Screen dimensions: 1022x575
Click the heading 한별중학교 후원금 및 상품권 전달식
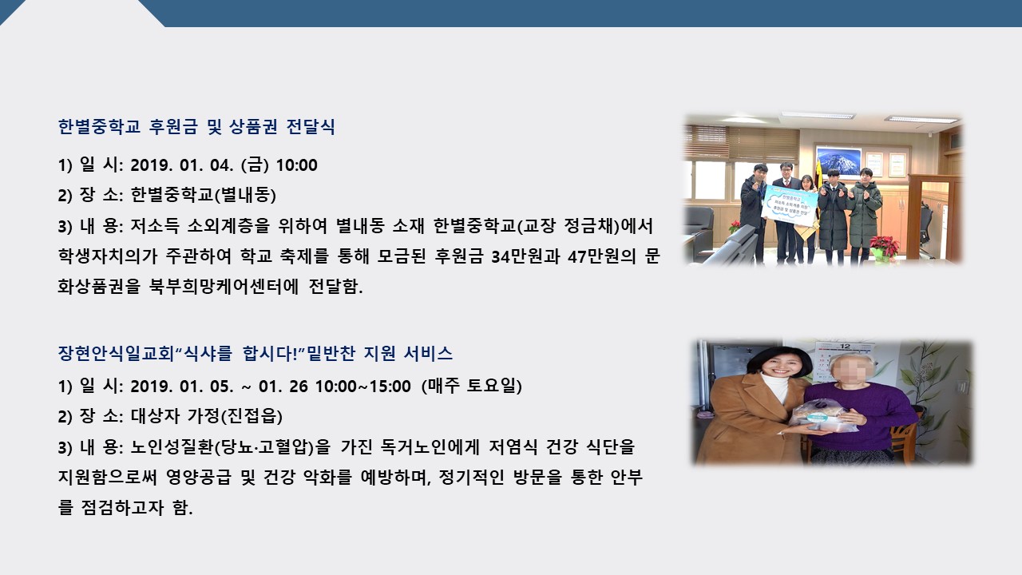click(196, 126)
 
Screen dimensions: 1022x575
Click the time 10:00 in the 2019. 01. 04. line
click(296, 165)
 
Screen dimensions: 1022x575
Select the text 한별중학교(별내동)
click(204, 196)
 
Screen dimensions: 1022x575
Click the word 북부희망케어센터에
click(224, 287)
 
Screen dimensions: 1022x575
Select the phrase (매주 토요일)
click(471, 386)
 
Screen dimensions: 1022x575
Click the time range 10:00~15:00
click(362, 387)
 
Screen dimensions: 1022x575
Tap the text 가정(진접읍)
click(235, 416)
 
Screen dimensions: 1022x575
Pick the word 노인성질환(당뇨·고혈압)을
click(230, 447)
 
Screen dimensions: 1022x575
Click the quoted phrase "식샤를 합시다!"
click(240, 354)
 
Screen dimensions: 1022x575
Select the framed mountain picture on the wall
click(838, 161)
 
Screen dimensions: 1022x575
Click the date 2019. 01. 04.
click(180, 165)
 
